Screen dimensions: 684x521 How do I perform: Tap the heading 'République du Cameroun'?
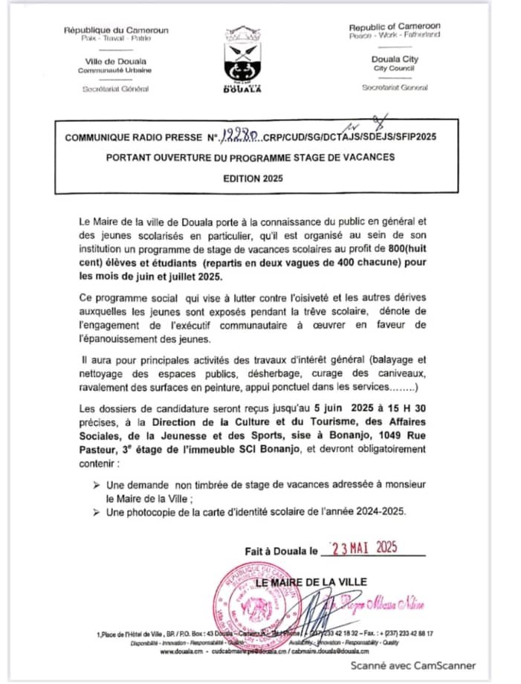(116, 30)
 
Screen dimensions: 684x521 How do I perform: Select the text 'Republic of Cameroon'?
(395, 27)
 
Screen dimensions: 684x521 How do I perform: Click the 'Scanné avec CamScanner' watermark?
(413, 665)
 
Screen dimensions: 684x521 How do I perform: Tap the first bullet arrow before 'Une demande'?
(97, 484)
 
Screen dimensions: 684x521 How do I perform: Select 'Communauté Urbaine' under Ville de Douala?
(115, 70)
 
